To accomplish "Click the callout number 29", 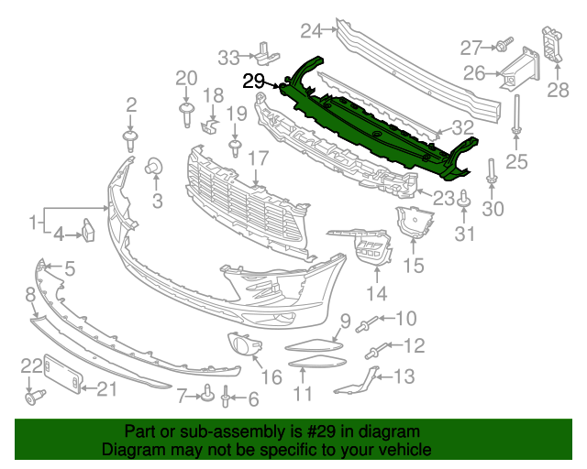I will (254, 81).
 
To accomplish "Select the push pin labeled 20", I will (186, 113).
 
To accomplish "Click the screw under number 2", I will (131, 139).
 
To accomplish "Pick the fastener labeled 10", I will (370, 322).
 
